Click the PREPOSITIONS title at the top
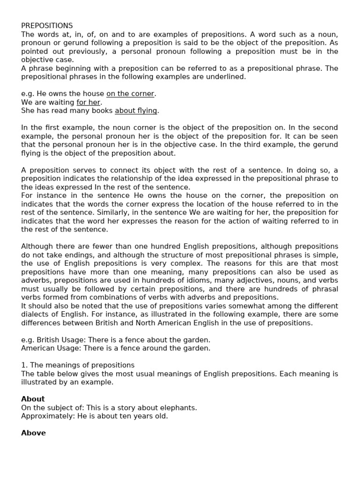click(x=47, y=26)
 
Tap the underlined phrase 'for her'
click(x=89, y=102)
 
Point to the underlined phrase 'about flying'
click(x=136, y=111)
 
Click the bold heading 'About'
click(x=33, y=399)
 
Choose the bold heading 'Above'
click(x=33, y=433)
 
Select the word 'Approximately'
click(x=44, y=416)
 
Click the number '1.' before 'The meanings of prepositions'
click(x=24, y=365)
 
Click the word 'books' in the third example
click(x=99, y=111)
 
